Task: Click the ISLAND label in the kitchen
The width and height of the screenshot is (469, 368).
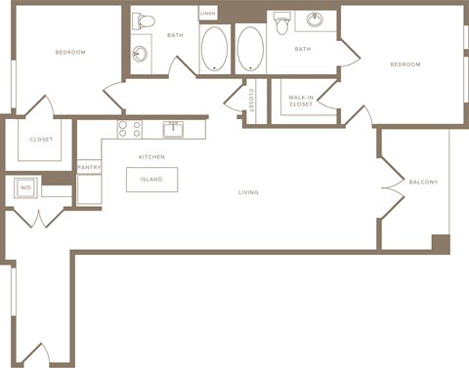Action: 151,180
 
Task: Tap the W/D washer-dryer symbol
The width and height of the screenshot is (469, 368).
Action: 25,187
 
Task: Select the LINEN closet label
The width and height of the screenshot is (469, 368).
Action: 208,14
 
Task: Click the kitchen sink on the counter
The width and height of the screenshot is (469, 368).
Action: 173,130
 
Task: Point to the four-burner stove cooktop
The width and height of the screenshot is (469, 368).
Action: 130,129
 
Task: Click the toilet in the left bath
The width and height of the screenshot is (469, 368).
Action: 144,21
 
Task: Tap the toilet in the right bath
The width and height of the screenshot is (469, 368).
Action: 281,22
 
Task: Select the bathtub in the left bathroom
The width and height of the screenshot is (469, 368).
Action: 214,49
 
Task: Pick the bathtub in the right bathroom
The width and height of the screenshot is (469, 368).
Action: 250,49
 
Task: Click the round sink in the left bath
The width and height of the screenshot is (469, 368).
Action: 140,54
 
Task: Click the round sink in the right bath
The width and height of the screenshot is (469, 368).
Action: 315,20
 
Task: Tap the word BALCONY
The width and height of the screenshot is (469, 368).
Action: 423,183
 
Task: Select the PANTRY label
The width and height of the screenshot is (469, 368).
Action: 89,167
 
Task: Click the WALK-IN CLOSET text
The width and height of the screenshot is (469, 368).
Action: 301,101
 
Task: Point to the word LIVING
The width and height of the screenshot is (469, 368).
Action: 248,192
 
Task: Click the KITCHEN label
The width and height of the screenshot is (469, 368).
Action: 151,157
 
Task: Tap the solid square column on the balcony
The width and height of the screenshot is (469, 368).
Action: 441,243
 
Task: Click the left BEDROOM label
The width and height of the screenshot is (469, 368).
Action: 70,53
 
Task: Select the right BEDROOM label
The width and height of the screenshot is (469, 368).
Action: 405,64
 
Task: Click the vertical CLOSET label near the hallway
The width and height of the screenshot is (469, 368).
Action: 251,101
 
